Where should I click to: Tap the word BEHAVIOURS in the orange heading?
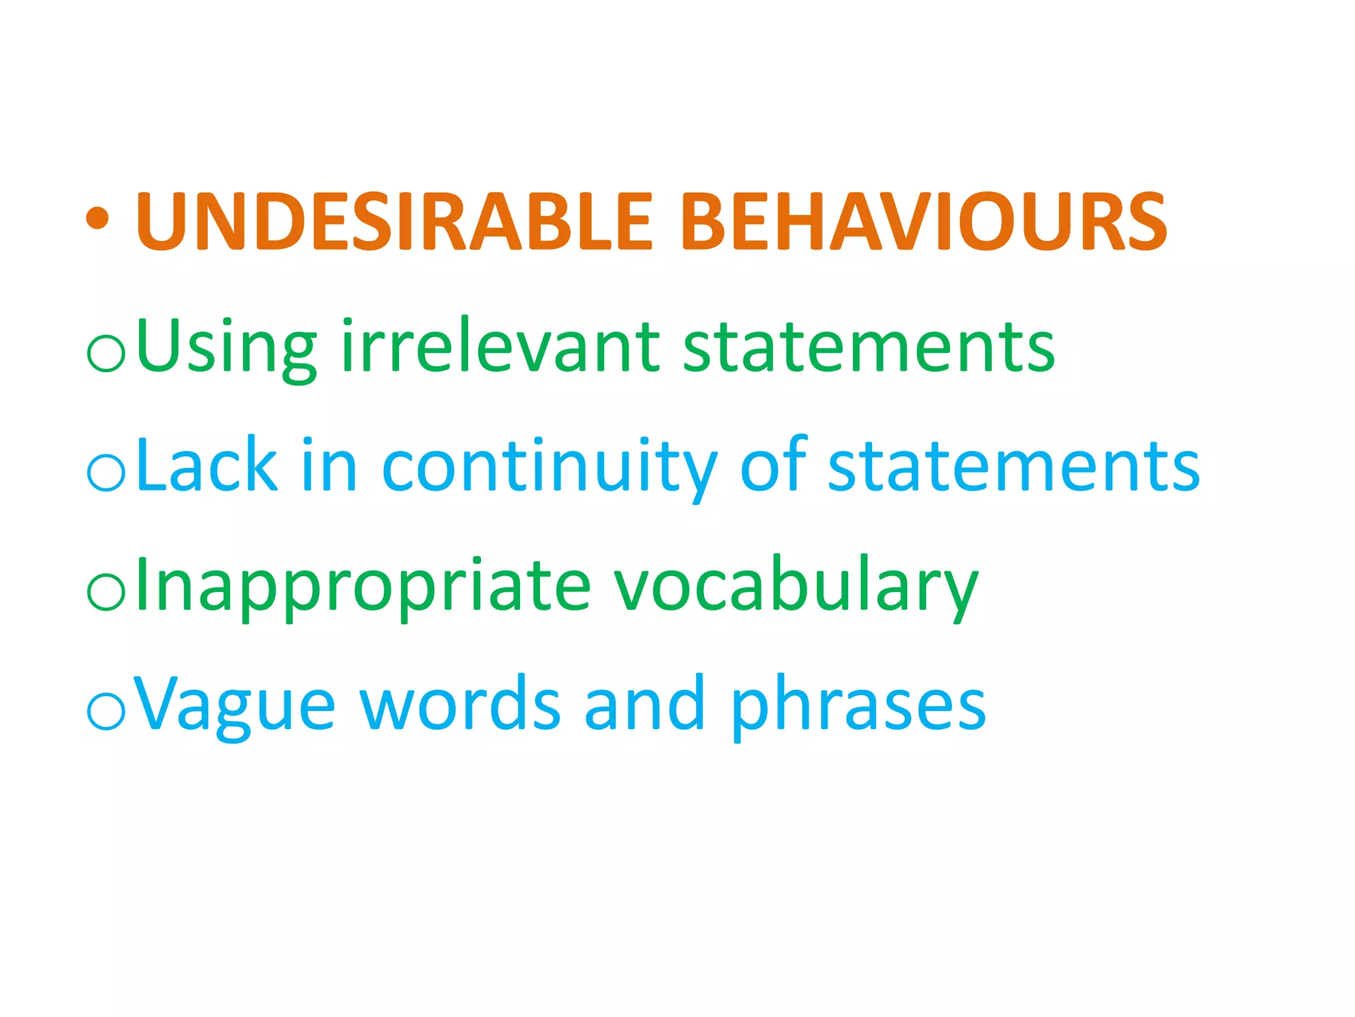click(x=924, y=222)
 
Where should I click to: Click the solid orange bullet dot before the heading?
click(x=97, y=218)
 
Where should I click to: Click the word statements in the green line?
click(x=868, y=346)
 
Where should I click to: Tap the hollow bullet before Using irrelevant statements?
click(x=106, y=353)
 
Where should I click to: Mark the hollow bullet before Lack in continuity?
click(x=106, y=473)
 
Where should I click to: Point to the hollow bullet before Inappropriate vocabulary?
click(x=106, y=592)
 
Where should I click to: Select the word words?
click(x=460, y=704)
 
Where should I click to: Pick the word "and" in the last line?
click(x=644, y=704)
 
